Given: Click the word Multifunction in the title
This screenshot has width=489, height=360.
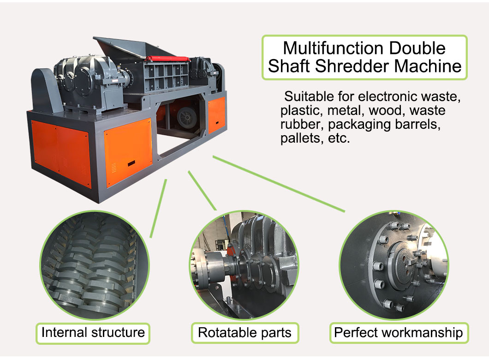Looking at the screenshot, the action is [x=333, y=48].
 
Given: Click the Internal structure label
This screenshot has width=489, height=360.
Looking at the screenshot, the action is [x=93, y=333].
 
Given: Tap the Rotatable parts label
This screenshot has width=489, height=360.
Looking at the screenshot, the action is [x=245, y=333].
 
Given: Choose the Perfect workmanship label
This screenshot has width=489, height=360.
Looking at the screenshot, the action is [x=399, y=333].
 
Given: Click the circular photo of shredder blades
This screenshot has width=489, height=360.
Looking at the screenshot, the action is [x=95, y=265].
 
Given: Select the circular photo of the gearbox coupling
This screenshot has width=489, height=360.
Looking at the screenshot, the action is [x=244, y=265].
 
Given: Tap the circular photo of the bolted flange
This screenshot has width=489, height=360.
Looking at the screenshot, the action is [x=394, y=265].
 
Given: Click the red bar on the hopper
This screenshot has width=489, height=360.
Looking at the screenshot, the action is [x=167, y=59].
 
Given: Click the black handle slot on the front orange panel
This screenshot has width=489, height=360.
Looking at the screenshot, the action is [x=131, y=163].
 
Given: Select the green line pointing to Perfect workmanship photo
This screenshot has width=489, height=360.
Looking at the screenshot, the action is [x=279, y=184].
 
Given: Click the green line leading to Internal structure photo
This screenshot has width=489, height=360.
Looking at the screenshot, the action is [x=158, y=209].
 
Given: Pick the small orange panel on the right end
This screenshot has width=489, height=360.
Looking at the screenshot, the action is [x=216, y=115].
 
